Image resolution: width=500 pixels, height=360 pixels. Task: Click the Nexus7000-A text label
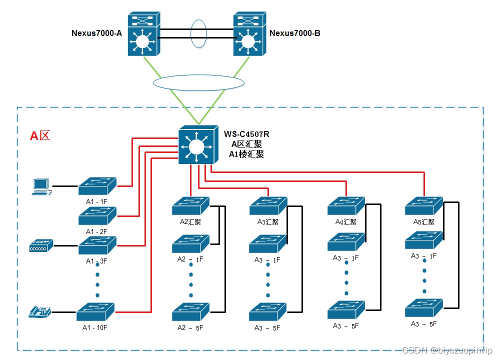(96, 33)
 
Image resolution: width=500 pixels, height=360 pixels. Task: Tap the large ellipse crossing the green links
(198, 82)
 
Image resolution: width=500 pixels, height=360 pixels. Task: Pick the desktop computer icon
(40, 186)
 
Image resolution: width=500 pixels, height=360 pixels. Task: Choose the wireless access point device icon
(41, 245)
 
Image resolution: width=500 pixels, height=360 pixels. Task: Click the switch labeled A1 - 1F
(97, 186)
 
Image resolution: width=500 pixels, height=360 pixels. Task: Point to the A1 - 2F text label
(97, 231)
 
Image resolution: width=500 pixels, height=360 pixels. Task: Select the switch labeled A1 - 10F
(95, 312)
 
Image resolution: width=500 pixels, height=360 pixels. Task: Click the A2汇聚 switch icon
(190, 205)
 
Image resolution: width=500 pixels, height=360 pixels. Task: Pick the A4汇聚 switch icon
(346, 206)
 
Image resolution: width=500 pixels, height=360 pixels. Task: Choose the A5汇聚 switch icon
(424, 206)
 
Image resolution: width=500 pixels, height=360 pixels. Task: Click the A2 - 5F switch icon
(190, 312)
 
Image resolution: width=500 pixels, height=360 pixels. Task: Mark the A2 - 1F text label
(190, 259)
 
